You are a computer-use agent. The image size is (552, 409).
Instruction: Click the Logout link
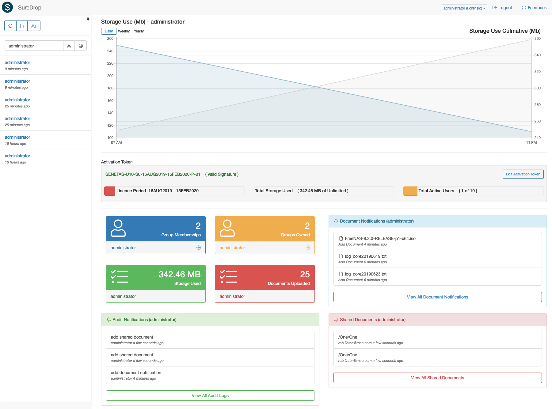click(502, 8)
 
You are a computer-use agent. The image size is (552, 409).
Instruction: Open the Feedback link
click(534, 8)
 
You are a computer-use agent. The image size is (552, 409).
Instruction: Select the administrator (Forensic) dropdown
click(464, 8)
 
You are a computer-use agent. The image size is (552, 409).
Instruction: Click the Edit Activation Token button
click(523, 174)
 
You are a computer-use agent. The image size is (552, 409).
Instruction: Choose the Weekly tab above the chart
click(124, 31)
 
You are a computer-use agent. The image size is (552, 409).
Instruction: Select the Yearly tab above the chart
click(139, 31)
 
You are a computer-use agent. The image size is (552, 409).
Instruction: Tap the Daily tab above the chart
click(109, 31)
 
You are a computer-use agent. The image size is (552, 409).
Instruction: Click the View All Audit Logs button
click(210, 396)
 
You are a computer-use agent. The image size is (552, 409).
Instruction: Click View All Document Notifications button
click(437, 297)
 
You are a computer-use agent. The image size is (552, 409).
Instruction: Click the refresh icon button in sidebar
click(10, 26)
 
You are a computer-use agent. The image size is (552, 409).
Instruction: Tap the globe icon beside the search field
click(81, 46)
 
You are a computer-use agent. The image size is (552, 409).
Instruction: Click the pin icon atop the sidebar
click(88, 19)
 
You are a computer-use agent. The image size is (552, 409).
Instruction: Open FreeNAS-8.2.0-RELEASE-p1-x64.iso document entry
click(380, 238)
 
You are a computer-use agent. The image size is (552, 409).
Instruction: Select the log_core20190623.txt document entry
click(366, 274)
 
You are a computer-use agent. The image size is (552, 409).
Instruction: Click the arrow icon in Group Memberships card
click(199, 248)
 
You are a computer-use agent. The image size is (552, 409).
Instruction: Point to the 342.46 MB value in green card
click(180, 274)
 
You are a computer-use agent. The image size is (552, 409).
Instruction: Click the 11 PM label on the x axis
click(531, 143)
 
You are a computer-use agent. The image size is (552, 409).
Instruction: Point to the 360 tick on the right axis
click(538, 39)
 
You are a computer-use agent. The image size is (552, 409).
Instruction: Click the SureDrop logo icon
click(7, 7)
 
